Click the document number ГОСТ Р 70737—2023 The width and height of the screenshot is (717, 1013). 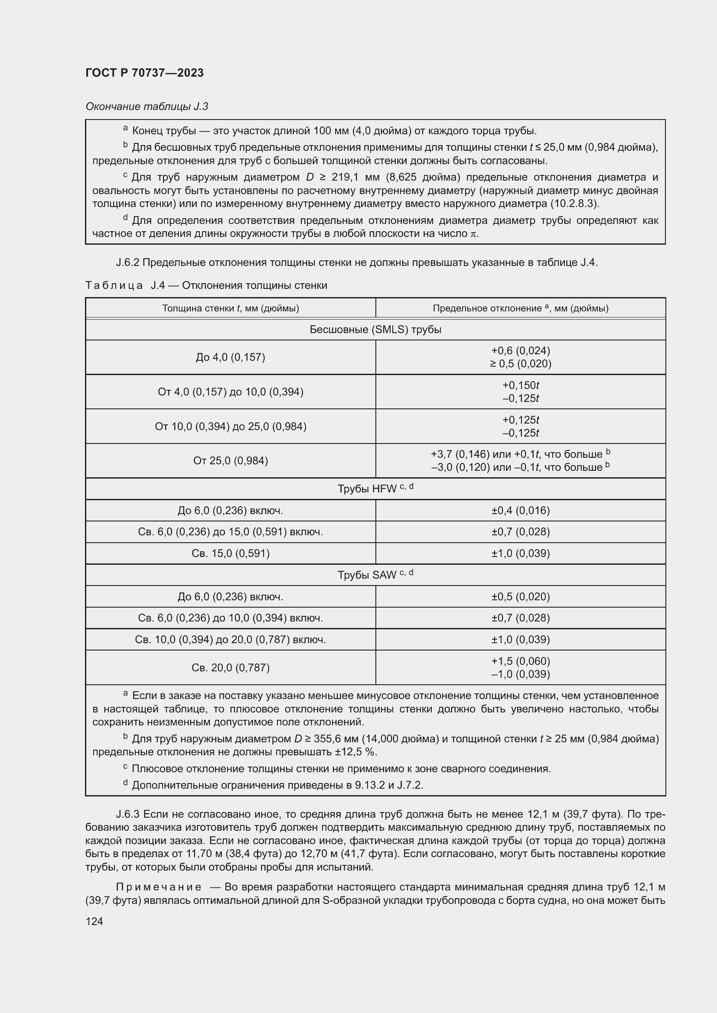(x=144, y=73)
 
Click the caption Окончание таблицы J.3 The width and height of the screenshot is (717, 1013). (x=147, y=107)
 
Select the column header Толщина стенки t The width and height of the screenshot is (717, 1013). (x=230, y=308)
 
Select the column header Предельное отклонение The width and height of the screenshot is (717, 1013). (x=520, y=308)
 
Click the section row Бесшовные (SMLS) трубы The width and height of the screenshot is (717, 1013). (x=375, y=329)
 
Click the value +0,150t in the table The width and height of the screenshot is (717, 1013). (x=521, y=385)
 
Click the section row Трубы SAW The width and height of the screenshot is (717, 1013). (x=375, y=574)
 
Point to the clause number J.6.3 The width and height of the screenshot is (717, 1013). (x=127, y=814)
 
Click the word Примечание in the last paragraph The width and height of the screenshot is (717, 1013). (x=159, y=887)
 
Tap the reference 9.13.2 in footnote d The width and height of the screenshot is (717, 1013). (x=370, y=785)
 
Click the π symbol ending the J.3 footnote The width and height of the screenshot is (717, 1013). (x=473, y=233)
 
